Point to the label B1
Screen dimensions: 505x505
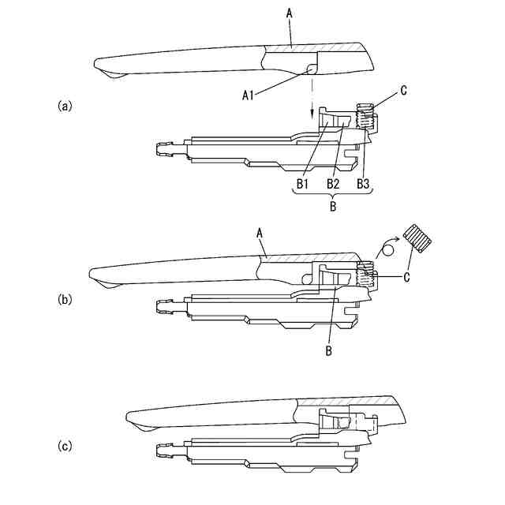[302, 183]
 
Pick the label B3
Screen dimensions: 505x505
[364, 183]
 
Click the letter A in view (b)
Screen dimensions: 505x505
[259, 233]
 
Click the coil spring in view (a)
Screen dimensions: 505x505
[365, 118]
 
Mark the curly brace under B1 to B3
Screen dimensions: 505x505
[331, 194]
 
